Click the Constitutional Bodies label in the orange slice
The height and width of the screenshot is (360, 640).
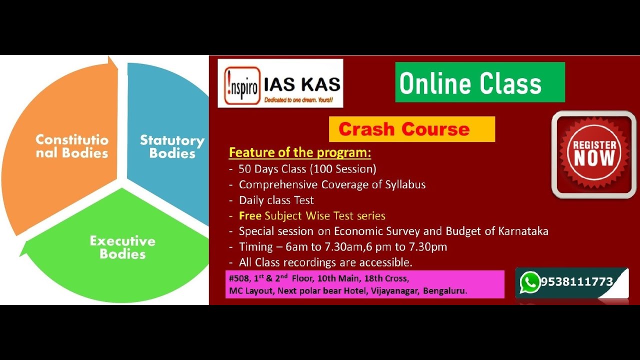72,146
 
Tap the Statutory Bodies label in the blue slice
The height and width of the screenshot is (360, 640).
172,146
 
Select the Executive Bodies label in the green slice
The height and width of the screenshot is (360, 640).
122,247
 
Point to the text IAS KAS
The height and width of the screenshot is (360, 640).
302,83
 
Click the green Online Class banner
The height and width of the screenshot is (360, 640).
480,82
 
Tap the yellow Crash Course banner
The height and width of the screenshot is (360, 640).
411,129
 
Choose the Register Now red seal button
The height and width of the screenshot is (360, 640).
594,154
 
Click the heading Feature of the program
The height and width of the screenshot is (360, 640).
300,152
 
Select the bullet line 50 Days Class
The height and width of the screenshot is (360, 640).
307,168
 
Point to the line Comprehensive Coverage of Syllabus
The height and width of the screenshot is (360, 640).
332,184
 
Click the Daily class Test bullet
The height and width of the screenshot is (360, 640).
276,200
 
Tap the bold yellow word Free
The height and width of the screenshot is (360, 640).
250,216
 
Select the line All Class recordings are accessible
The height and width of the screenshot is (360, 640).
325,262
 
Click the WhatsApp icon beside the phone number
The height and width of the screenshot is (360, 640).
529,282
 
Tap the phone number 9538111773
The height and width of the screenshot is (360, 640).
576,282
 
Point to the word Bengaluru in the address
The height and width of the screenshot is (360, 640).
445,291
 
